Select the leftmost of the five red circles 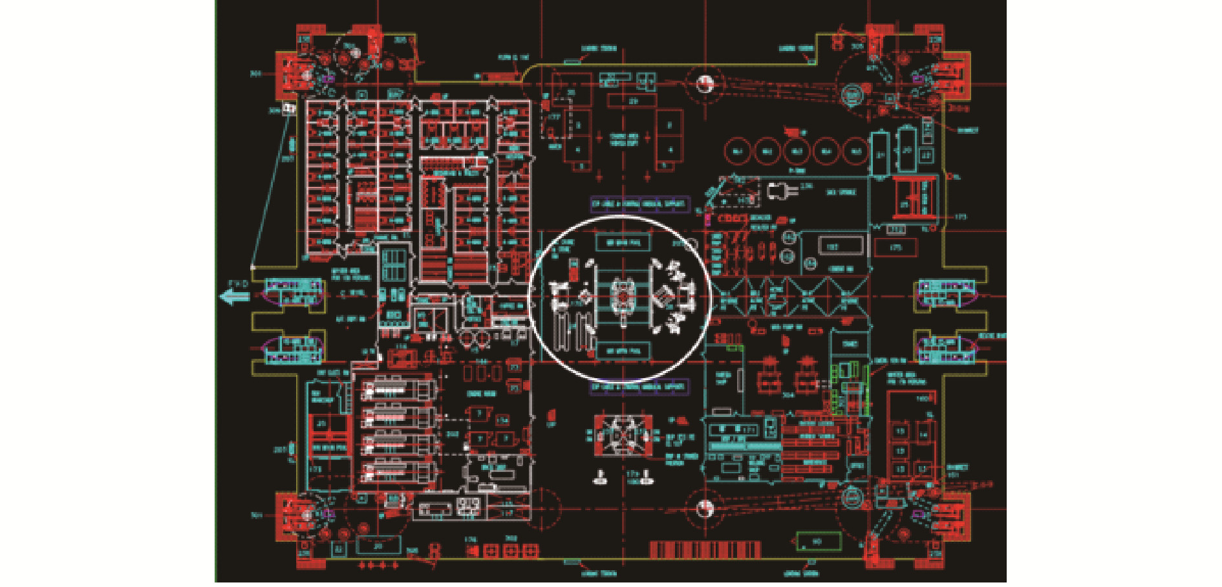736,151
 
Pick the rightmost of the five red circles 856,151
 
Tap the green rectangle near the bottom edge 818,542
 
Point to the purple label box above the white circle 639,204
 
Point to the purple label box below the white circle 639,387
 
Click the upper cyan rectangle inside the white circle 623,242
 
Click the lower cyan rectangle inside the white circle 623,351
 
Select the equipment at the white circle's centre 623,297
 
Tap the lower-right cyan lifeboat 948,349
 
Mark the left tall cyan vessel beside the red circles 880,155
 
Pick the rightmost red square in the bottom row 530,551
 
